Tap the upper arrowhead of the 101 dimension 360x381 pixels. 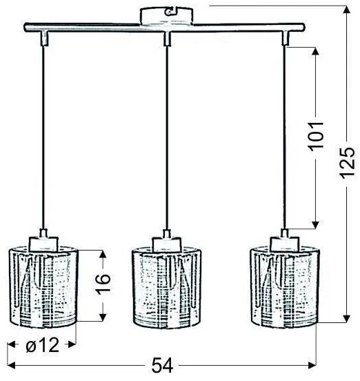(317, 52)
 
